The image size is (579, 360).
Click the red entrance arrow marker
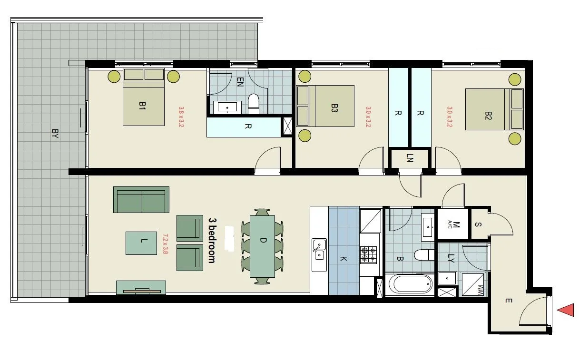pos(565,310)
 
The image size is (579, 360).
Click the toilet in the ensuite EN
pos(254,104)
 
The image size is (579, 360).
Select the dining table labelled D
pos(262,246)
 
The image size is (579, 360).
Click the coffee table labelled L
pos(141,243)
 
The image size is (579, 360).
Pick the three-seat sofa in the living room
pos(141,200)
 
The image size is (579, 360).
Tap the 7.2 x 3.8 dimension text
pos(165,243)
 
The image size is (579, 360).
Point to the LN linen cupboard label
pos(410,158)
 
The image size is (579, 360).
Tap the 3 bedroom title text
pos(212,240)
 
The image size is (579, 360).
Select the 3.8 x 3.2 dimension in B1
pos(181,117)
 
